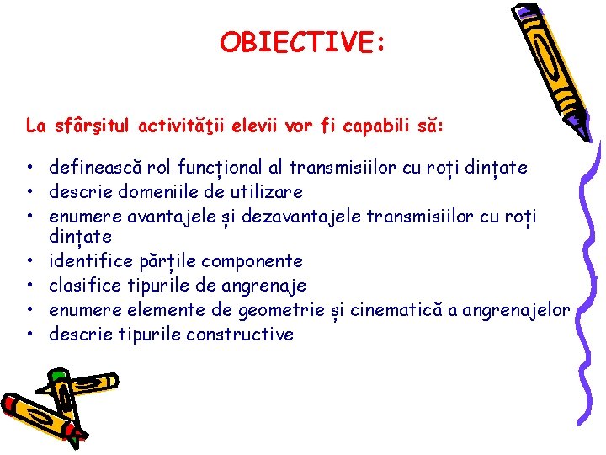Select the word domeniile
point(148,191)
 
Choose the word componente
point(258,261)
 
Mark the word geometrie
point(281,310)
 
